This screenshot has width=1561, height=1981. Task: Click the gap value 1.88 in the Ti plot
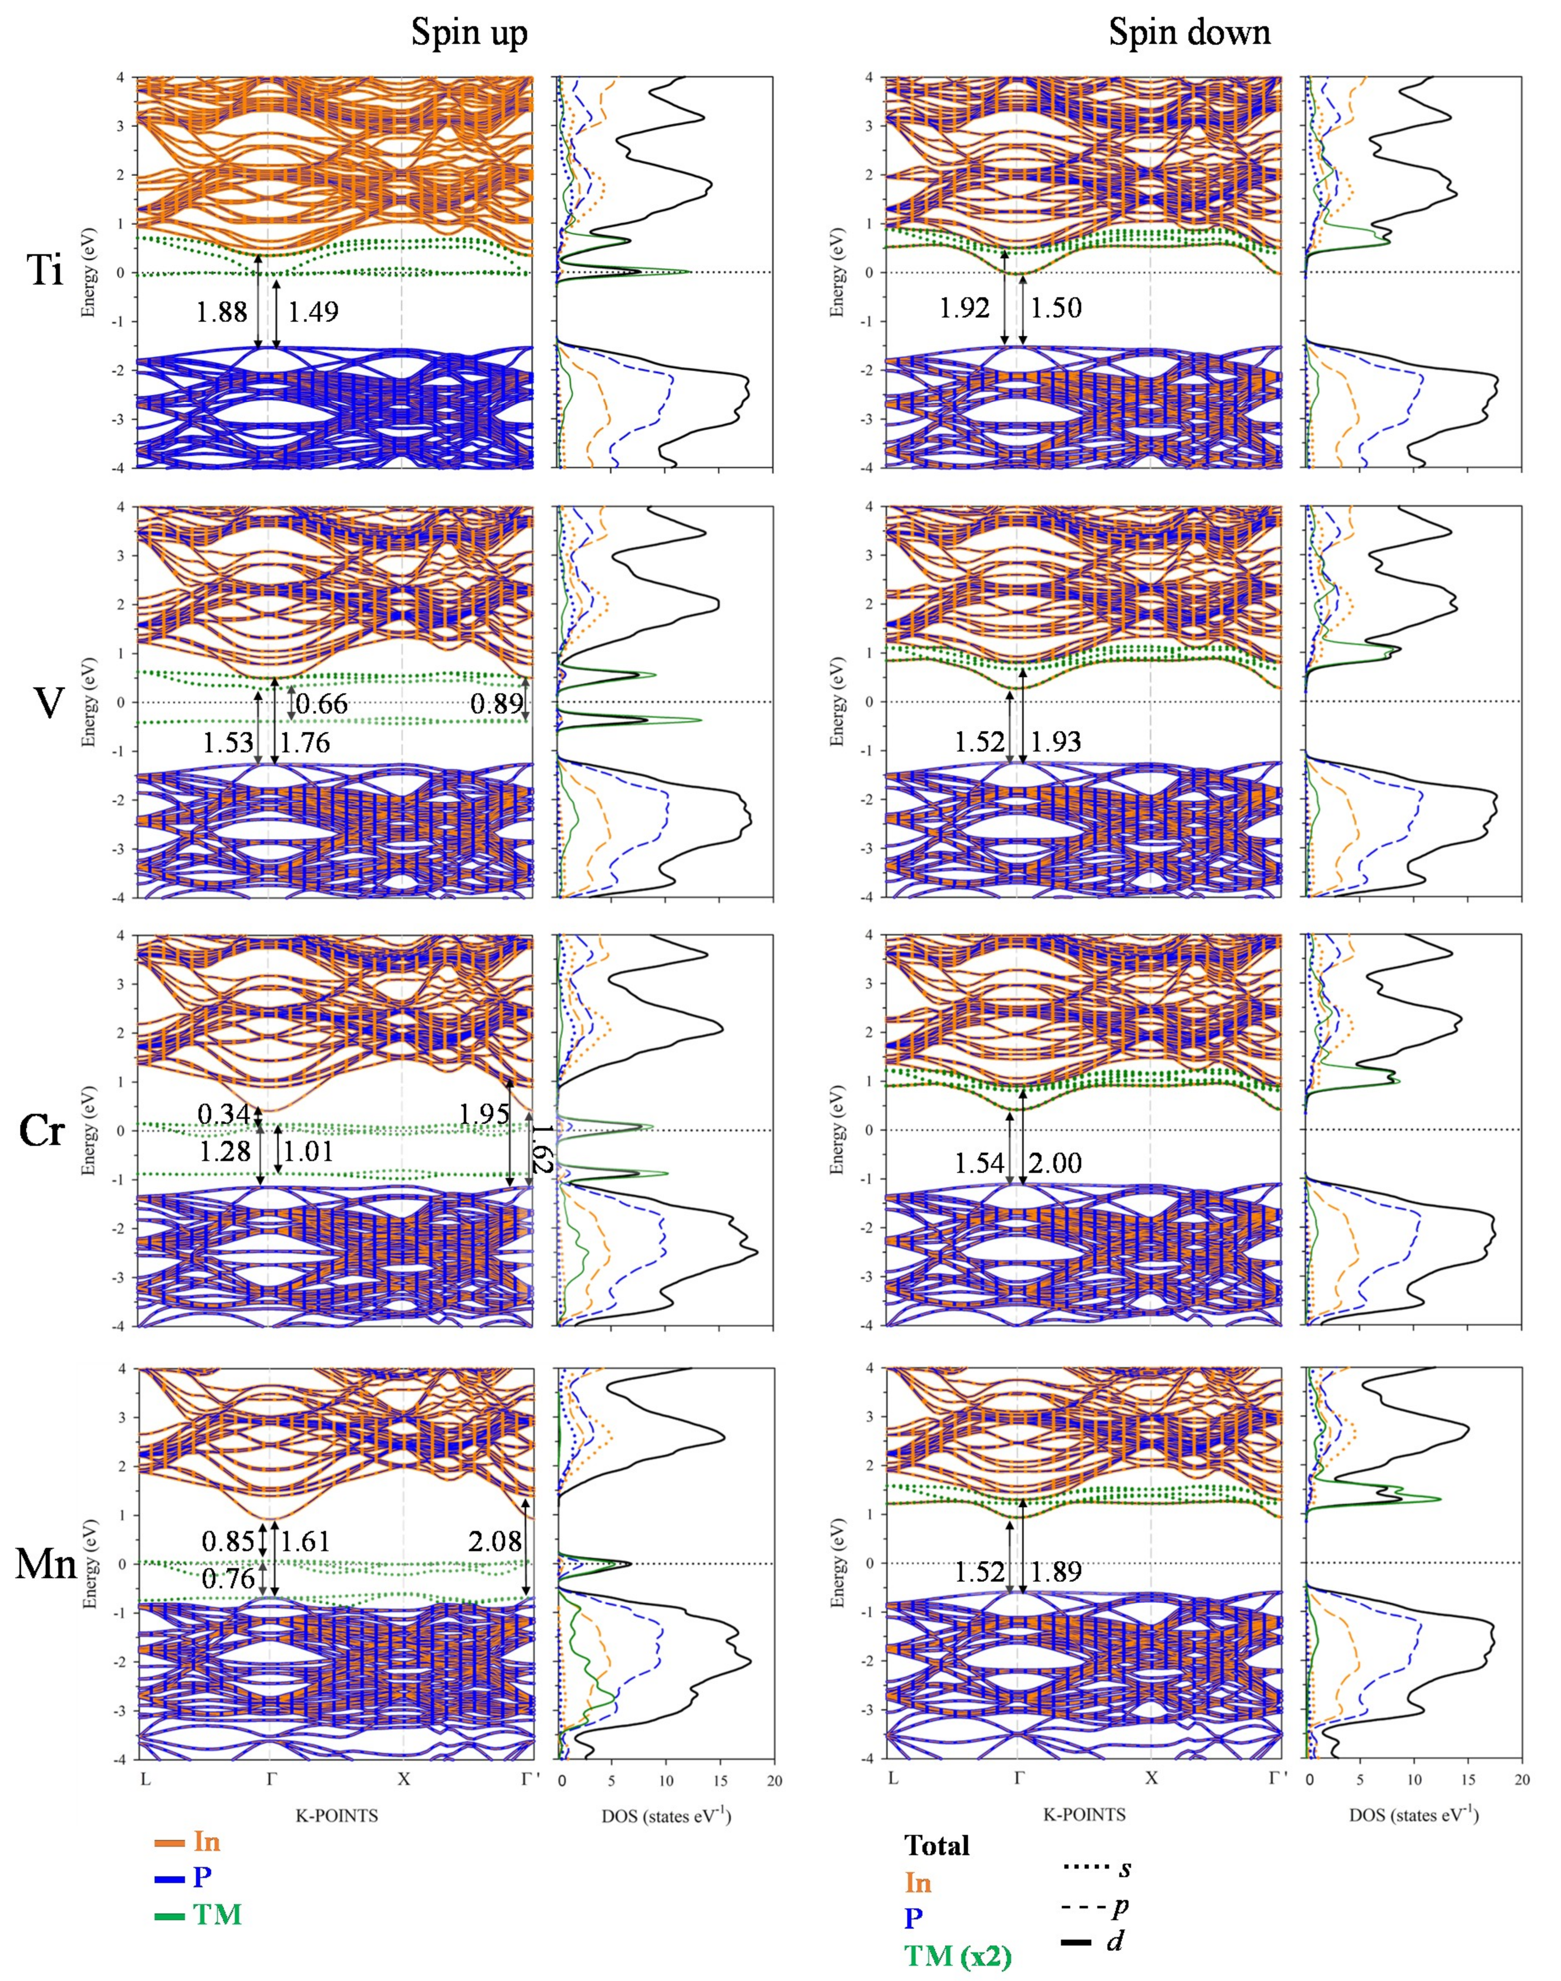(x=221, y=312)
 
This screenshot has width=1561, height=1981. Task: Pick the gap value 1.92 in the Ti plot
(x=964, y=308)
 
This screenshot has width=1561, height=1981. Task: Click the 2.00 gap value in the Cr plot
(x=1055, y=1163)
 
